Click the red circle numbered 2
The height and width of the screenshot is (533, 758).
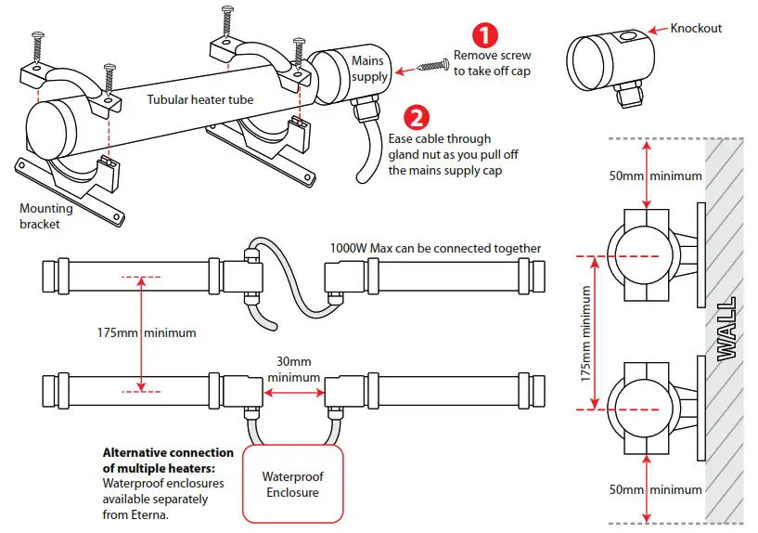tap(418, 117)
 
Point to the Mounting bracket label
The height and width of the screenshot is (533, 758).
tap(45, 216)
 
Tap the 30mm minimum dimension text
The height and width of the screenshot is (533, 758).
tap(294, 370)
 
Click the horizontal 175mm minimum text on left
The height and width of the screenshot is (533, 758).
tap(147, 331)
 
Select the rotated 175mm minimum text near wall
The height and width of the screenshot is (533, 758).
tap(585, 331)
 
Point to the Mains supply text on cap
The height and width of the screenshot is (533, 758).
tap(369, 69)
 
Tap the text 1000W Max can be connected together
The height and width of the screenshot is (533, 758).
tap(436, 248)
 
